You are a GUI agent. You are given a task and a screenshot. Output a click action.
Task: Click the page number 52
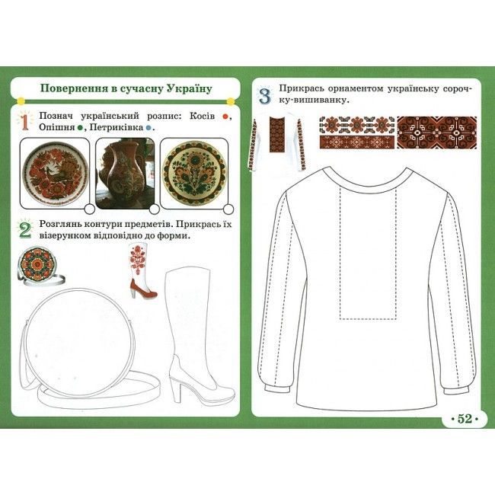point(465,419)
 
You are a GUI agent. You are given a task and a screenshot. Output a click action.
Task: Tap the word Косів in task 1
point(202,117)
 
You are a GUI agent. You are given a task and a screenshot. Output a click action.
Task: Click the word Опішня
point(57,128)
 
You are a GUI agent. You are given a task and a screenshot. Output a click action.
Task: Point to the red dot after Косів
point(225,117)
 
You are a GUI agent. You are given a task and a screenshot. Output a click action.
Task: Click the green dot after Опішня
point(80,128)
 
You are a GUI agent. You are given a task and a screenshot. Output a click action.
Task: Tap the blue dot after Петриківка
point(148,128)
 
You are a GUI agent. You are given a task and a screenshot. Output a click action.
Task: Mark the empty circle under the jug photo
point(154,209)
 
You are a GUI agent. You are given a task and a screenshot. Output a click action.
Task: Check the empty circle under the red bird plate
point(90,209)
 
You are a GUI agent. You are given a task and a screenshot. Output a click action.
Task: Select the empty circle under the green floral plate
point(228,209)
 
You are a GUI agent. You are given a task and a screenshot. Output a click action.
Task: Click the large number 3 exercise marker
point(265,96)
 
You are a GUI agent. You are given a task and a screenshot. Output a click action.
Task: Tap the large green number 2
point(25,231)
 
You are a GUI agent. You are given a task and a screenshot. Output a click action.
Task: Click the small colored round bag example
point(40,266)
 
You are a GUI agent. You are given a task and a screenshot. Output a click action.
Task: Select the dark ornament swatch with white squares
point(437,133)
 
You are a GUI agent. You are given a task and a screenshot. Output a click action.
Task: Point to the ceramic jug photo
point(125,174)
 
